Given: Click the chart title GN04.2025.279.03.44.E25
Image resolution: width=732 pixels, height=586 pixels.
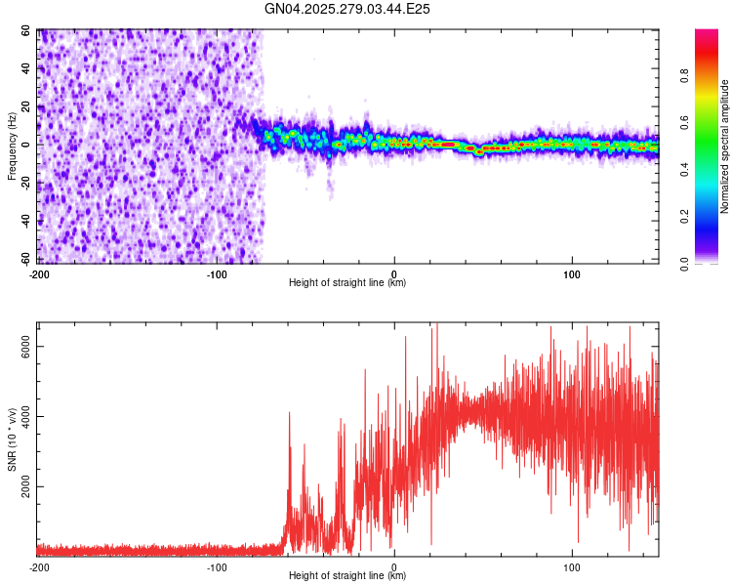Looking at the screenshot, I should coord(348,9).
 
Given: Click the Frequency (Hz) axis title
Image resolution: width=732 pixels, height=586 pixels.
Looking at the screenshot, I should coord(12,146).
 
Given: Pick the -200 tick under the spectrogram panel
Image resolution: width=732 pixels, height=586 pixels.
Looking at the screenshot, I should coord(39,274).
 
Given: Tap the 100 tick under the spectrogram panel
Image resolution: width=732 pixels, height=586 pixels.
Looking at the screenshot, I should coord(572,274).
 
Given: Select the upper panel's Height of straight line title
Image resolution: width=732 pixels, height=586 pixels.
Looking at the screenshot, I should coord(347,283).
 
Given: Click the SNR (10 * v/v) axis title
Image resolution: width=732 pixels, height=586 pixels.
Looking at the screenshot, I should coord(12,439).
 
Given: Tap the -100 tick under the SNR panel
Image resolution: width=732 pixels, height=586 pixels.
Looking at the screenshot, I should coord(217,567).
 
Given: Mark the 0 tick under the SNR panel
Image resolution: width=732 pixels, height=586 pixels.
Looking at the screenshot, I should coord(394,567).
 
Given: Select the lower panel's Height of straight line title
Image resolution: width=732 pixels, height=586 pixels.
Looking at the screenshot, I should coord(347,576).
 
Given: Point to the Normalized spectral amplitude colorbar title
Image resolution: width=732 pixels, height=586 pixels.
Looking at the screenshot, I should coord(724,146).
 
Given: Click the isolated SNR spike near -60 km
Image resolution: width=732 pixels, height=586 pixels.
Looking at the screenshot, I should coord(289,415).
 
